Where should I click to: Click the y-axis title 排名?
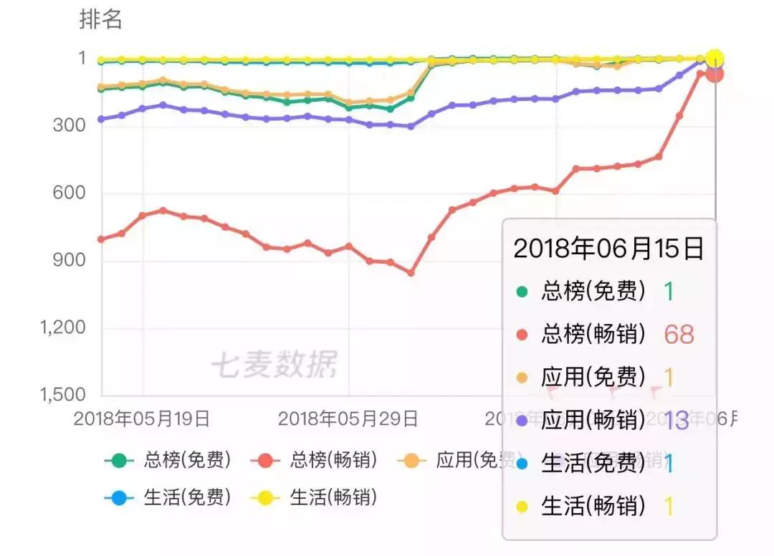[x=101, y=20]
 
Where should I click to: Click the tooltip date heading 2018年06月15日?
[x=608, y=249]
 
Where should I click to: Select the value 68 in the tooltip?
[x=679, y=334]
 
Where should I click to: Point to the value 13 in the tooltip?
[x=676, y=421]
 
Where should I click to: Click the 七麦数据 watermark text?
[x=273, y=365]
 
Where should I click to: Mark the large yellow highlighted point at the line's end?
[x=714, y=59]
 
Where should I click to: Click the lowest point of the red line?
[x=411, y=273]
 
